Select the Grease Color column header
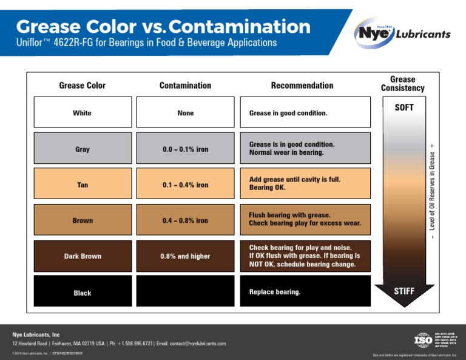click(x=82, y=86)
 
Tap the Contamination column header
click(x=185, y=86)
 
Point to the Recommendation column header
click(x=302, y=86)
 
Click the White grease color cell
click(x=82, y=113)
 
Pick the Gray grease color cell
click(x=82, y=149)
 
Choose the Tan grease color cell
click(x=82, y=185)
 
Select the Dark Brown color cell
click(x=82, y=256)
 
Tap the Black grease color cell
click(x=82, y=293)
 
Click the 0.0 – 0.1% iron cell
click(x=185, y=149)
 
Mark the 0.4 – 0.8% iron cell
click(x=185, y=220)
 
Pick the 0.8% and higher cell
click(x=185, y=256)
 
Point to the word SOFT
click(x=404, y=108)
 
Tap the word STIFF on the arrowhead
click(x=404, y=291)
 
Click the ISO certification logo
click(x=423, y=339)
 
